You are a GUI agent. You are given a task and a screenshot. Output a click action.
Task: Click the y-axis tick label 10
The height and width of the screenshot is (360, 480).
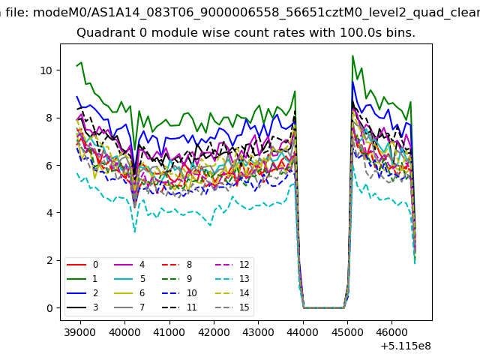coord(46,70)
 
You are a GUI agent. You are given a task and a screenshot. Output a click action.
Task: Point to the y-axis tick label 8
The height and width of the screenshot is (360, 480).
coord(49,118)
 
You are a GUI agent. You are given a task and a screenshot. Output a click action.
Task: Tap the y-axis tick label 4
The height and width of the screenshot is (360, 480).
coord(49,213)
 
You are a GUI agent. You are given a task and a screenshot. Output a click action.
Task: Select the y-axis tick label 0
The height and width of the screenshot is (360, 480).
coord(49,308)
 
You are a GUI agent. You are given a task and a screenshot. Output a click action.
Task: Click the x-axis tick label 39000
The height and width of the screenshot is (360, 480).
coord(79,330)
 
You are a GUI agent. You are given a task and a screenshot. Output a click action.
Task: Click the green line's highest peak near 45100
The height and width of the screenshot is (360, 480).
coord(352,55)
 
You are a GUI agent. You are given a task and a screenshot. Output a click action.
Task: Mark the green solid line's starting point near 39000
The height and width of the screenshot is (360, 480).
coord(77,66)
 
